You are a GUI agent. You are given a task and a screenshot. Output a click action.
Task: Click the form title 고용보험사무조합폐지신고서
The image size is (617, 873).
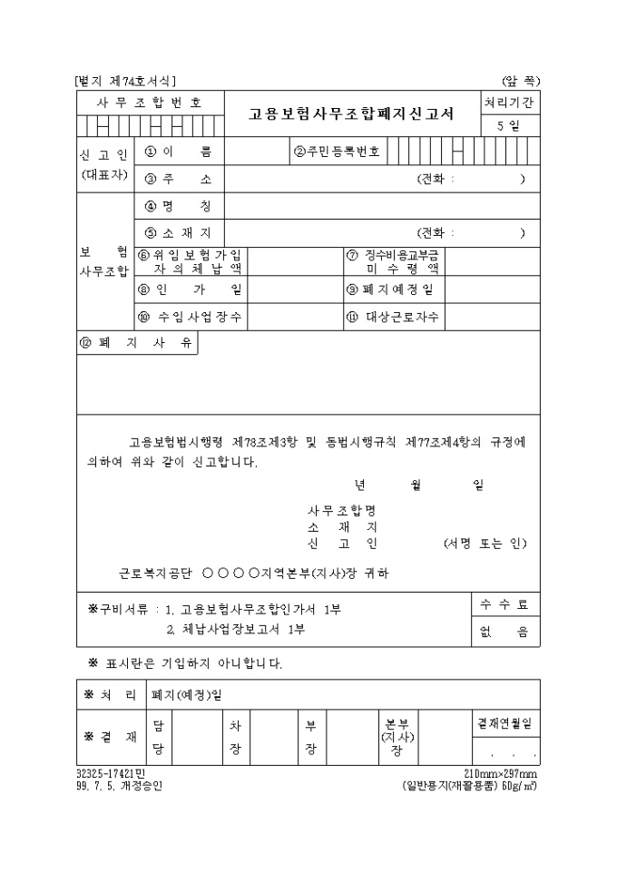[x=352, y=114]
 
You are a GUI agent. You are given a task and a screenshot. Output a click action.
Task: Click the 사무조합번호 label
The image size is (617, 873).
[x=149, y=102]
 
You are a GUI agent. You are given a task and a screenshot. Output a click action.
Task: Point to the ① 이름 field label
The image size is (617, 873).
[x=178, y=152]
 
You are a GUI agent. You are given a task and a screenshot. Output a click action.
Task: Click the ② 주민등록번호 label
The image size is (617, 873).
[x=335, y=152]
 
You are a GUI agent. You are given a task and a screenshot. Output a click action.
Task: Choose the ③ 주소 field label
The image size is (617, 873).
[x=178, y=178]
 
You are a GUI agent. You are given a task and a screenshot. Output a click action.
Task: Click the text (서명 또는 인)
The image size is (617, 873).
[x=485, y=544]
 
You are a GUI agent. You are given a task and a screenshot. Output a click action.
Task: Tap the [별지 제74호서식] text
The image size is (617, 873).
[x=125, y=81]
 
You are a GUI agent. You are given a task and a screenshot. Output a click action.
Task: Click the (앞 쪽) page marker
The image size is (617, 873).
[x=521, y=81]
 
